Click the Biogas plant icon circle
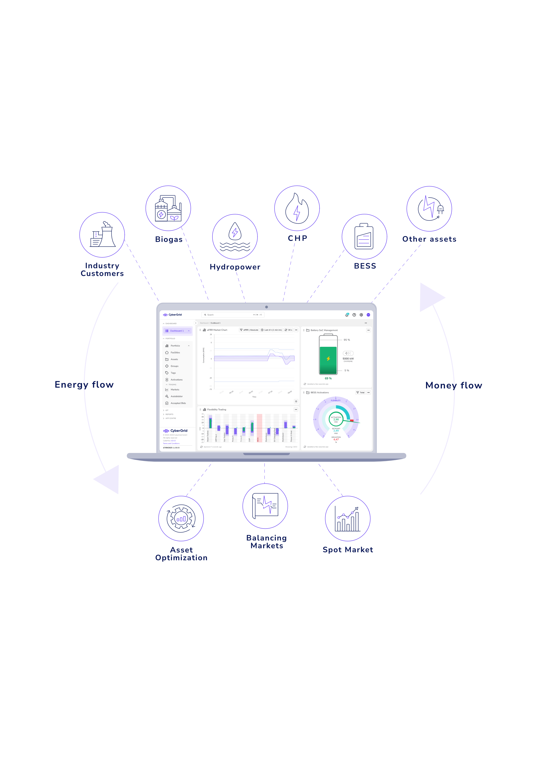point(168,208)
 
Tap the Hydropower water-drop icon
point(235,237)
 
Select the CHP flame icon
point(297,208)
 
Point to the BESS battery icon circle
point(364,237)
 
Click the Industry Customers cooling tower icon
point(102,235)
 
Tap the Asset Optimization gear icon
point(181,518)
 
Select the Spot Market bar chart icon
point(347,518)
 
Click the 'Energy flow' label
point(84,385)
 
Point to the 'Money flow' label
point(454,386)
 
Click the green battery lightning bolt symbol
point(328,359)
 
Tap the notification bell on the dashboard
point(347,315)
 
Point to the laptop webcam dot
point(266,307)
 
